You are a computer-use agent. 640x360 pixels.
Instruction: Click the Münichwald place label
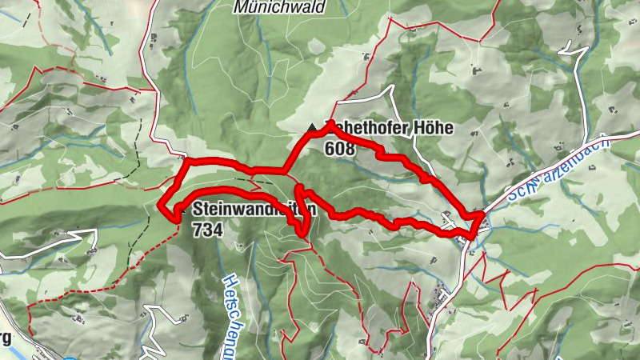tap(278, 6)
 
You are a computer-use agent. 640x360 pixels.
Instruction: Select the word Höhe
tap(433, 128)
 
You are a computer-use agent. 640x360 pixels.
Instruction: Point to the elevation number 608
tap(340, 147)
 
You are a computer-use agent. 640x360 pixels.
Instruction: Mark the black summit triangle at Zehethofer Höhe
tap(312, 128)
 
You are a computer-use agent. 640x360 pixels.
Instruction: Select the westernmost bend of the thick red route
tap(163, 206)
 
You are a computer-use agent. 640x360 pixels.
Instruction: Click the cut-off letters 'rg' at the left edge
tap(6, 337)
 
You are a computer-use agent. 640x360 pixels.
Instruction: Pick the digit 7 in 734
tap(197, 229)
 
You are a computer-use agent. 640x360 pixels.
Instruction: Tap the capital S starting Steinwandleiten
tap(197, 210)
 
